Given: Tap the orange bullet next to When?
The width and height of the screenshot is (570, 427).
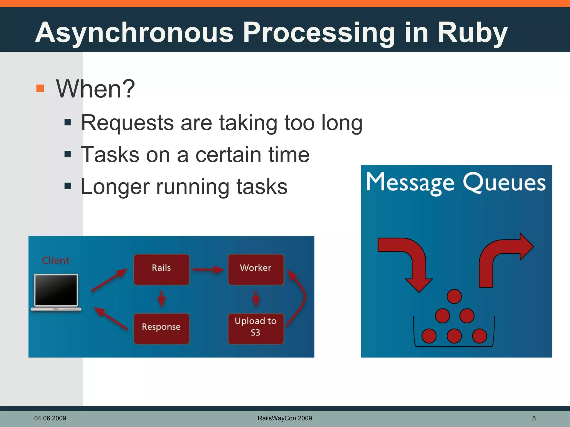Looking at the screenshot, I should pyautogui.click(x=40, y=88).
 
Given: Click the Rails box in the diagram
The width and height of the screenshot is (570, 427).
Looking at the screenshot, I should pyautogui.click(x=161, y=269).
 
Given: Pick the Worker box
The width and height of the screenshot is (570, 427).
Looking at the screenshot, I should pyautogui.click(x=256, y=269).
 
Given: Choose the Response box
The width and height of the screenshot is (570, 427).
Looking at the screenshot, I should pyautogui.click(x=161, y=328).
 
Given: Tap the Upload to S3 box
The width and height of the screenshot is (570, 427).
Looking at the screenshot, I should pyautogui.click(x=256, y=328).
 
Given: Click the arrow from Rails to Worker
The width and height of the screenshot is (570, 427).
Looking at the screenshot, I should pyautogui.click(x=208, y=269).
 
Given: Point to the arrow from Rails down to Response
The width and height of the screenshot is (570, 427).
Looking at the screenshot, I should pyautogui.click(x=161, y=299).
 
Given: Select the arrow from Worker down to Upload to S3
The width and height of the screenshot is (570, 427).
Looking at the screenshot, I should pyautogui.click(x=256, y=299).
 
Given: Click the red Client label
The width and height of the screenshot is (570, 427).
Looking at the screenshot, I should pyautogui.click(x=56, y=260).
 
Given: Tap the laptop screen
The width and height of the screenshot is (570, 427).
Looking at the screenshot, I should pyautogui.click(x=56, y=290).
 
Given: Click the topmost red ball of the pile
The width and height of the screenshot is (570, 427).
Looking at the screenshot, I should pyautogui.click(x=454, y=296).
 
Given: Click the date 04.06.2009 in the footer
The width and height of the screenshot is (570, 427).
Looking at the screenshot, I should pyautogui.click(x=50, y=418).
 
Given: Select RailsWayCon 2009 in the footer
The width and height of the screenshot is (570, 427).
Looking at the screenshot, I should pyautogui.click(x=285, y=418).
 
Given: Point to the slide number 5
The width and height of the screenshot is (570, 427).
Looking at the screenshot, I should pyautogui.click(x=534, y=418).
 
